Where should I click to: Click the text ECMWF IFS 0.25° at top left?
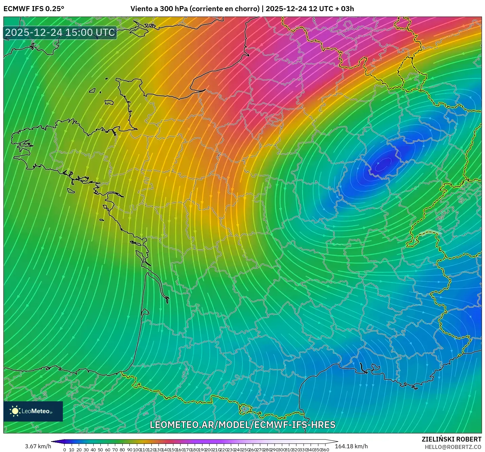click(34, 9)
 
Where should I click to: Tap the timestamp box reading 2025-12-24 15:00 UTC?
click(60, 32)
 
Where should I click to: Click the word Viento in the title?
click(141, 9)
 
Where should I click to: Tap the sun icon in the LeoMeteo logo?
click(15, 411)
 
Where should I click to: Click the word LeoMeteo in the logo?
click(36, 411)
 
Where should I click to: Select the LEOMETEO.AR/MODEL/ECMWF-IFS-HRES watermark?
click(242, 425)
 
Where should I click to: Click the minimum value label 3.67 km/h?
click(38, 446)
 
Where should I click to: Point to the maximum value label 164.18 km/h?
click(351, 446)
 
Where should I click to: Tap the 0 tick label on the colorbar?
click(65, 450)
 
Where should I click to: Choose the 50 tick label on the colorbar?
click(100, 450)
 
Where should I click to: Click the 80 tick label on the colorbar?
click(122, 450)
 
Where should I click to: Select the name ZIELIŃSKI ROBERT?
click(451, 439)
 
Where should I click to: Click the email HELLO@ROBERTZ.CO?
click(453, 447)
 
